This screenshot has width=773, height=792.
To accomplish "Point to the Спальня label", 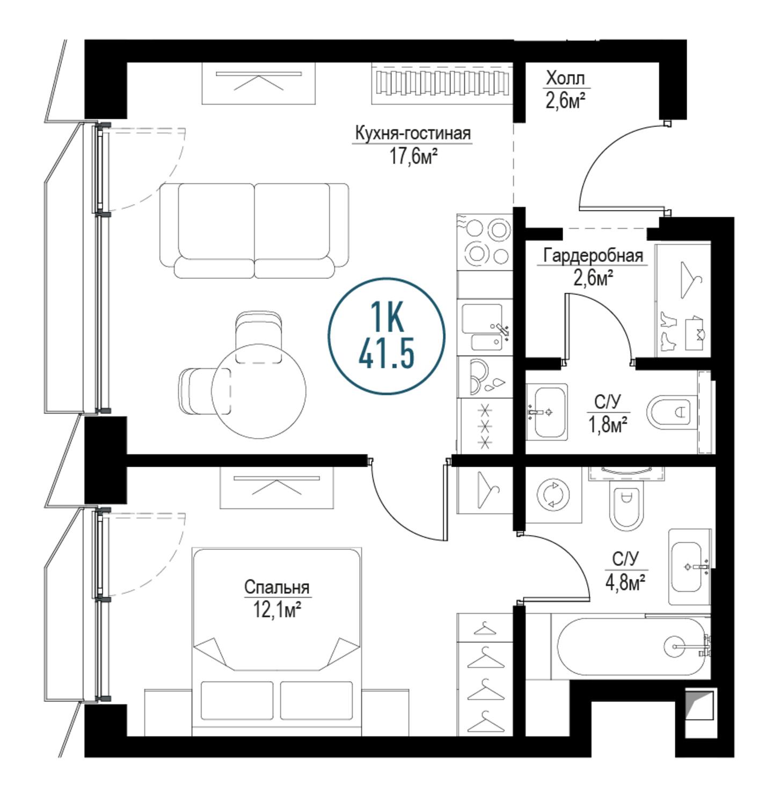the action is (276, 588).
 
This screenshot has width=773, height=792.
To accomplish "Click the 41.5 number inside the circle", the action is (386, 353).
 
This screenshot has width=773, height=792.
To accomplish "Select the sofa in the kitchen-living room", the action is (254, 231).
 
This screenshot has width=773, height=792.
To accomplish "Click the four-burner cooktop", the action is (485, 242).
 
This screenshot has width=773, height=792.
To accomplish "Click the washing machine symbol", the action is (553, 495).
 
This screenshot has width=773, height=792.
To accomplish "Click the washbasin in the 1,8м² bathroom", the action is (547, 412).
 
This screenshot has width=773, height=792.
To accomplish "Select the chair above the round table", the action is (259, 337).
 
